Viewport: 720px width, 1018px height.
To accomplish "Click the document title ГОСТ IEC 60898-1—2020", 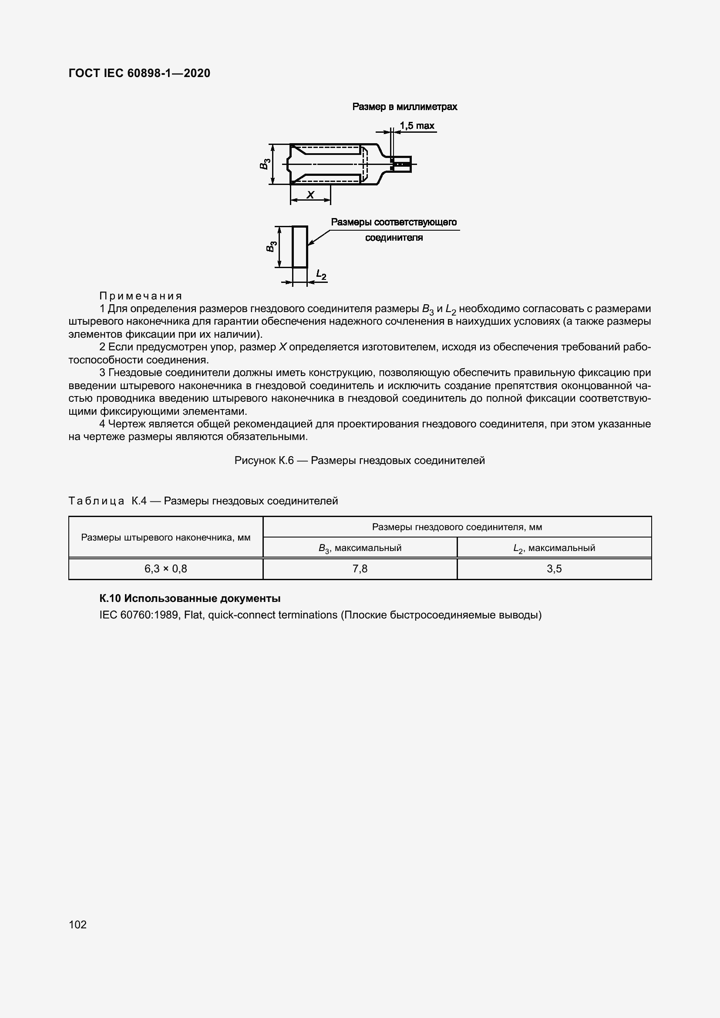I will [x=139, y=73].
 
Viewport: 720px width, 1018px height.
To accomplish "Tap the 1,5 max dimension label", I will [x=417, y=126].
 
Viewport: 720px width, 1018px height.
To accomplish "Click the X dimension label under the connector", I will [x=310, y=195].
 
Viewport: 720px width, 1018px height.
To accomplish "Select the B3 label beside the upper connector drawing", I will [x=265, y=164].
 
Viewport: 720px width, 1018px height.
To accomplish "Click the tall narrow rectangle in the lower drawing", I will [x=299, y=246].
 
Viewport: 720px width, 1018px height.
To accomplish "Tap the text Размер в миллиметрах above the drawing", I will [x=404, y=107].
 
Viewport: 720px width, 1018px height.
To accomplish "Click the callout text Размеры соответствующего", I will [x=394, y=222].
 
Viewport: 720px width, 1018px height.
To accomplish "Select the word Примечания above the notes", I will [x=141, y=296].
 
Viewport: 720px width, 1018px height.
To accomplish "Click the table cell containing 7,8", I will [x=360, y=569].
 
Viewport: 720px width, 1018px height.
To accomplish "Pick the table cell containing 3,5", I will [x=554, y=569].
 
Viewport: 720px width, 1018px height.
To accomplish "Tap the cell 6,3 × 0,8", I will [x=165, y=569].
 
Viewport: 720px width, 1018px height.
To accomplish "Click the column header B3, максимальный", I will [x=360, y=548].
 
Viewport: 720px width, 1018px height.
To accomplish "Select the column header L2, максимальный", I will [x=554, y=548].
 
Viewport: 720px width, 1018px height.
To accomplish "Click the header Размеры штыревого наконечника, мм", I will [x=165, y=538].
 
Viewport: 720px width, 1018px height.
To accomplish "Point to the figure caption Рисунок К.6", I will [x=359, y=460].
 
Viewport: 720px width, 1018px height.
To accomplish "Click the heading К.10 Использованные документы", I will [x=190, y=598].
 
